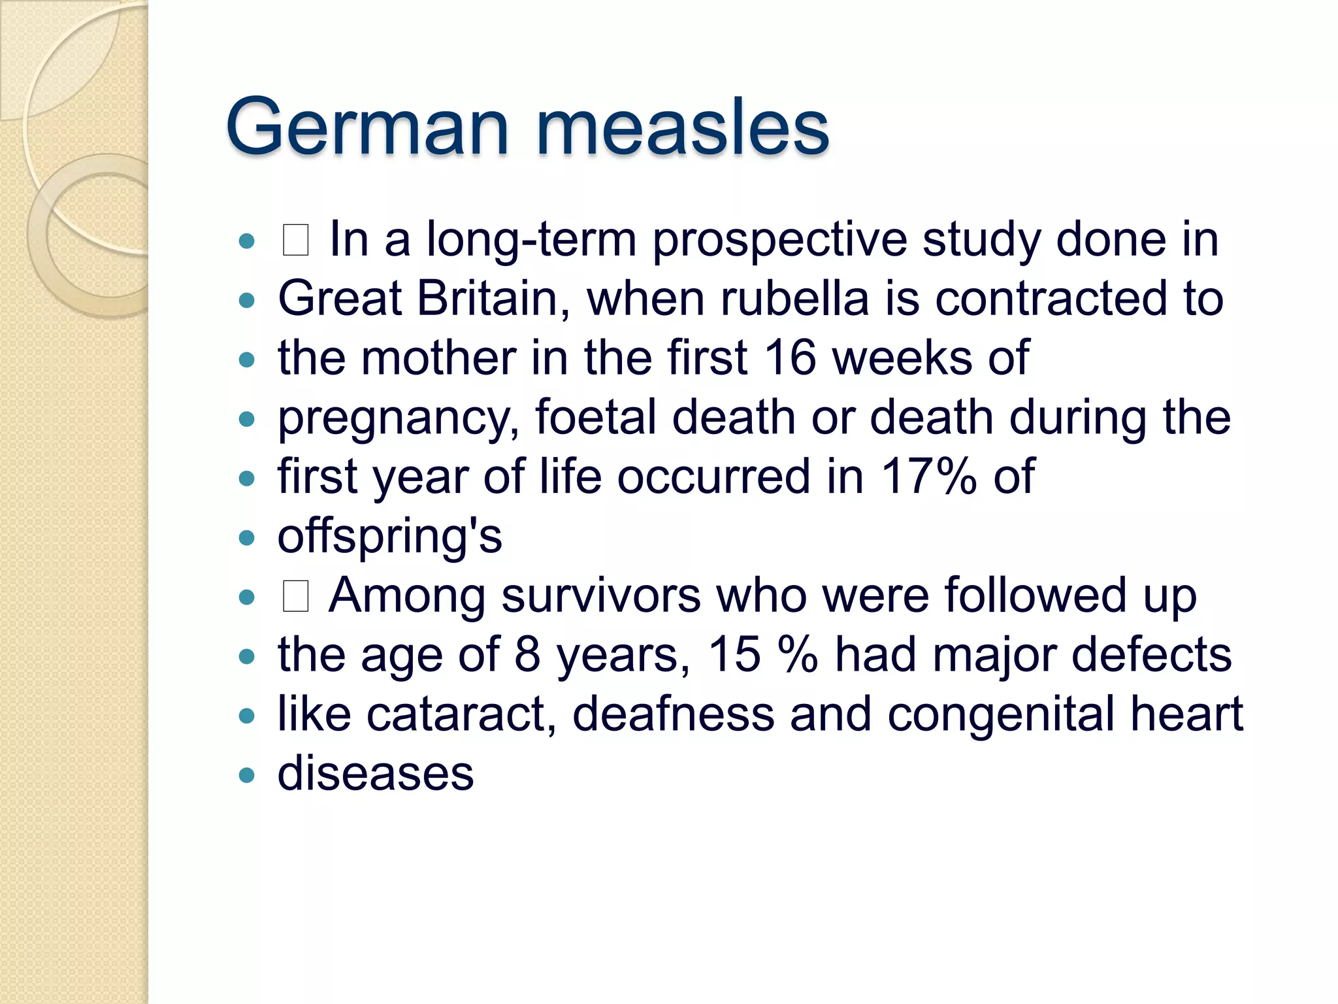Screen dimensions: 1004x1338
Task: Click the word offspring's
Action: (x=389, y=537)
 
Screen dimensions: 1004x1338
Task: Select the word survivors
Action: (x=600, y=595)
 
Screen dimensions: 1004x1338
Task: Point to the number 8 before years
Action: (x=527, y=654)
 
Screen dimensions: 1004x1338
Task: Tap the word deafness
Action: (x=673, y=714)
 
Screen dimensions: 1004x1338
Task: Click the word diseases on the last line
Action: (x=376, y=773)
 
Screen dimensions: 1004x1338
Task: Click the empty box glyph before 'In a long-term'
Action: (x=295, y=240)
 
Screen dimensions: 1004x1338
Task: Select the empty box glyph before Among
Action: (x=295, y=596)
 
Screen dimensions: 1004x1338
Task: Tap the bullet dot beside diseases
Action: (x=246, y=775)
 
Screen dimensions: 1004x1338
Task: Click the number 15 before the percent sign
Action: (x=734, y=654)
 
